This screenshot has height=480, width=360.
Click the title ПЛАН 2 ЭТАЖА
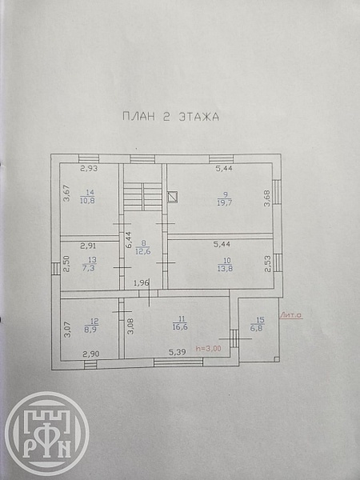[x=171, y=117]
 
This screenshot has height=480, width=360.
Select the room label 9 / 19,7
[x=225, y=198]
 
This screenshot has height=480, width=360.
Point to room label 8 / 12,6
[x=143, y=247]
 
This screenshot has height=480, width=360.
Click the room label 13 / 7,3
[x=90, y=264]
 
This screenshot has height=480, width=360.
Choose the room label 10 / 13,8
[x=226, y=265]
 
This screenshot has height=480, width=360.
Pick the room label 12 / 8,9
[x=91, y=326]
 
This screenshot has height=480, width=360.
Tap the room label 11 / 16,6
[x=180, y=323]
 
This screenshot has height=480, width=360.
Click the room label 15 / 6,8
[x=258, y=324]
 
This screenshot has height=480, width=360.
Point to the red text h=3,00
[x=208, y=348]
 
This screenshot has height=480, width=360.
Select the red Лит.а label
[x=291, y=314]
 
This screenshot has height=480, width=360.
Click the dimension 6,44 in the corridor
[x=129, y=239]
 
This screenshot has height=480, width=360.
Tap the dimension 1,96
[x=142, y=283]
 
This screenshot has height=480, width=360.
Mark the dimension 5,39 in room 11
[x=178, y=352]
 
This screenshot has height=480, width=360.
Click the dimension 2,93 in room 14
[x=89, y=168]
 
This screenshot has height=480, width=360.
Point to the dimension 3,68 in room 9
[x=267, y=198]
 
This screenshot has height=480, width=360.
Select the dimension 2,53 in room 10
[x=267, y=264]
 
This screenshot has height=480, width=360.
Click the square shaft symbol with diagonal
[x=173, y=197]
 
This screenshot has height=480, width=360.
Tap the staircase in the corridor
[x=142, y=197]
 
